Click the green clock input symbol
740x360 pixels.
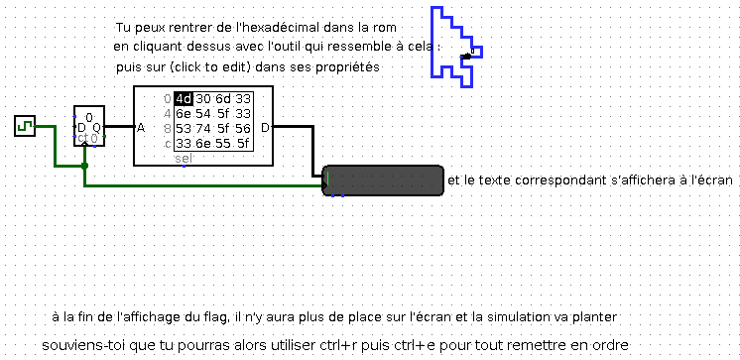point(25,126)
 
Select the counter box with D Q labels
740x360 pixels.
point(88,126)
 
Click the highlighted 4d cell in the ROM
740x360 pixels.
point(183,98)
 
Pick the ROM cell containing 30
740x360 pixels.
point(203,98)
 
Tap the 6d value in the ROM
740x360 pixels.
point(223,98)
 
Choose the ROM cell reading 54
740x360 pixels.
point(203,113)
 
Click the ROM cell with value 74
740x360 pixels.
point(203,128)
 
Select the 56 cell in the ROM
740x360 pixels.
point(243,128)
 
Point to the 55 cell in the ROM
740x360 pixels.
point(223,143)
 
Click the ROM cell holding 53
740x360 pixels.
point(183,128)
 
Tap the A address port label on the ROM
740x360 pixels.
point(141,127)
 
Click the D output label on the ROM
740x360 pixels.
point(265,127)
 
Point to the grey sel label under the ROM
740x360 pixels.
point(184,159)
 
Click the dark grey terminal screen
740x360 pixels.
point(383,181)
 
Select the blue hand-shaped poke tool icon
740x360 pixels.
point(457,45)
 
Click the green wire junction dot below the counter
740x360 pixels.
point(85,165)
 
